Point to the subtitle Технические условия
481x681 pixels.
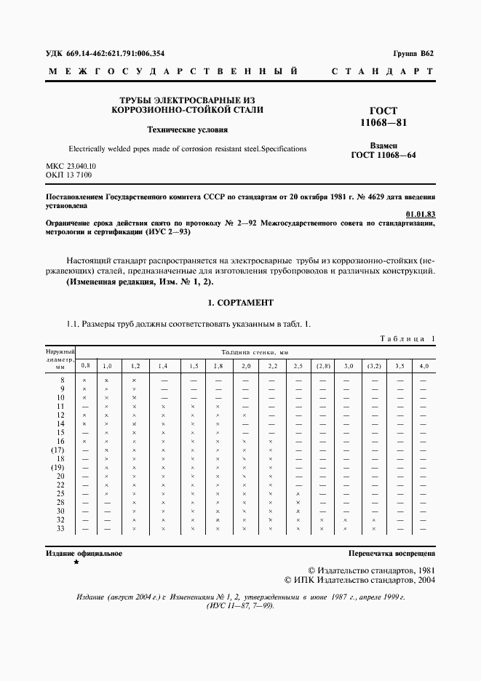(188, 131)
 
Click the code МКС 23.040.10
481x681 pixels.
(71, 167)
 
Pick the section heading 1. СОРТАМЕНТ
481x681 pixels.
(240, 303)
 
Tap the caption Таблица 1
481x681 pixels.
(408, 339)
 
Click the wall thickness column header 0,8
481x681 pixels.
(85, 365)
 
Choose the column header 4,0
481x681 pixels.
(424, 365)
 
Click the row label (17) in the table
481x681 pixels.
(57, 450)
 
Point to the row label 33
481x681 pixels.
(60, 529)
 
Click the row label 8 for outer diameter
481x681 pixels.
(62, 381)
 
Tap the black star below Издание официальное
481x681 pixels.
(77, 563)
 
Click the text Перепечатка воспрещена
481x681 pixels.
(391, 554)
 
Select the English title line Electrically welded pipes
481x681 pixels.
(187, 148)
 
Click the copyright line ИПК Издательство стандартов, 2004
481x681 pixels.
(362, 580)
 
